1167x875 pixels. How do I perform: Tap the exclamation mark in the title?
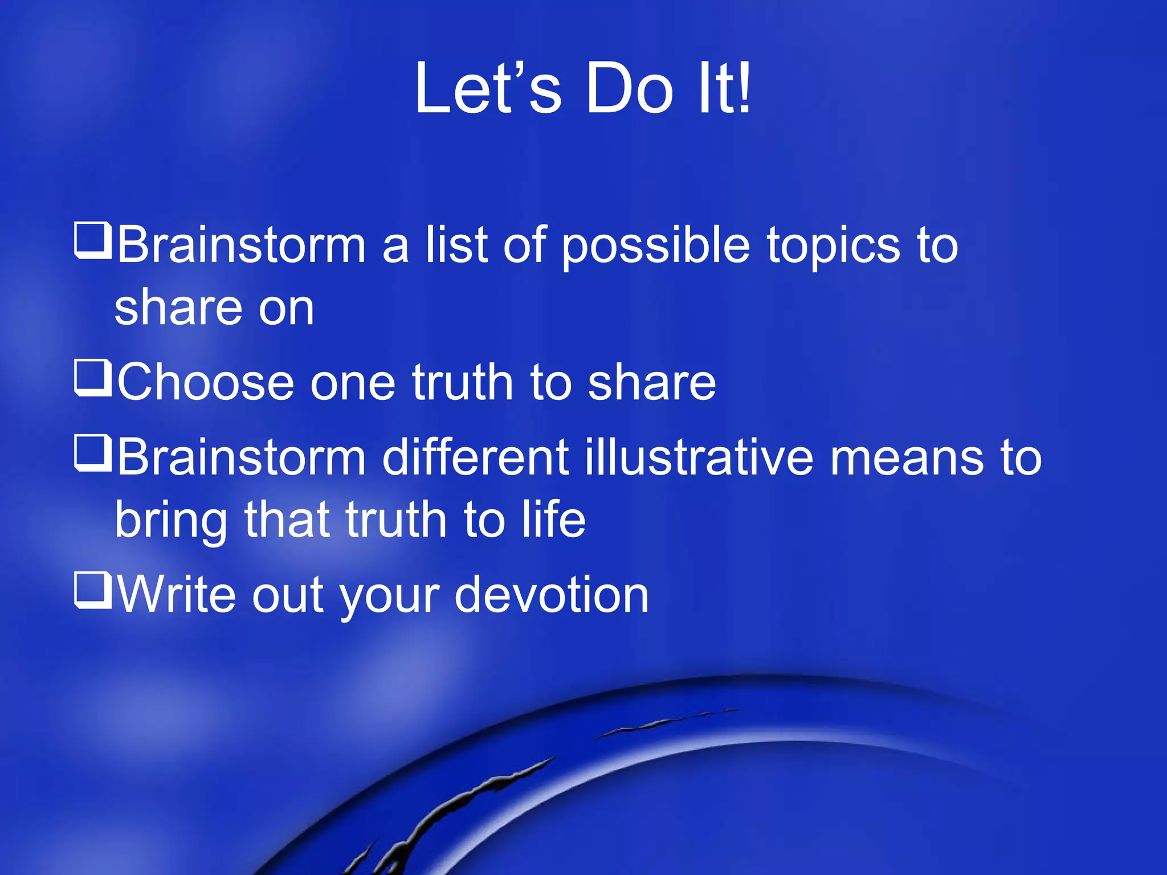tap(742, 88)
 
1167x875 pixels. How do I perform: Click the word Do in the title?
tap(630, 88)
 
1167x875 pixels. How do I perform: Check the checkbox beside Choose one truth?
tap(92, 378)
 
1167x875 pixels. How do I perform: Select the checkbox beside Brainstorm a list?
tap(92, 241)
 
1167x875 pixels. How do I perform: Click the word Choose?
tap(206, 382)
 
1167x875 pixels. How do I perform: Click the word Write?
tap(177, 595)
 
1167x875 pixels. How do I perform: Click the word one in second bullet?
tap(353, 383)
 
